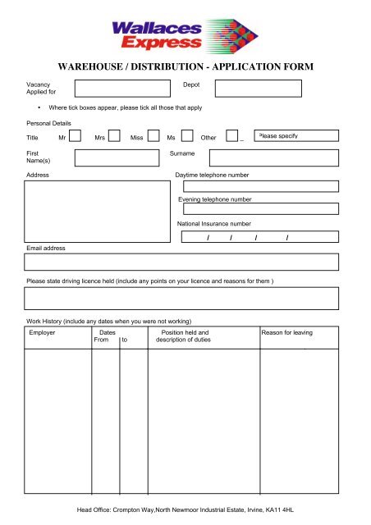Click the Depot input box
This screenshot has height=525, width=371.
click(x=259, y=89)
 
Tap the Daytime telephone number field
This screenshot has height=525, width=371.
click(x=259, y=187)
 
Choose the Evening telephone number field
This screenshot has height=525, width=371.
click(x=259, y=209)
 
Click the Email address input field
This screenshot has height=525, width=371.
click(x=181, y=262)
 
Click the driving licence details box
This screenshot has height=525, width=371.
click(x=181, y=298)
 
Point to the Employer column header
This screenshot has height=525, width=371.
click(x=42, y=333)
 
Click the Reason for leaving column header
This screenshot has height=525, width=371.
click(x=286, y=333)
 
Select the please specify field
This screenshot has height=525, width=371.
click(x=295, y=136)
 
